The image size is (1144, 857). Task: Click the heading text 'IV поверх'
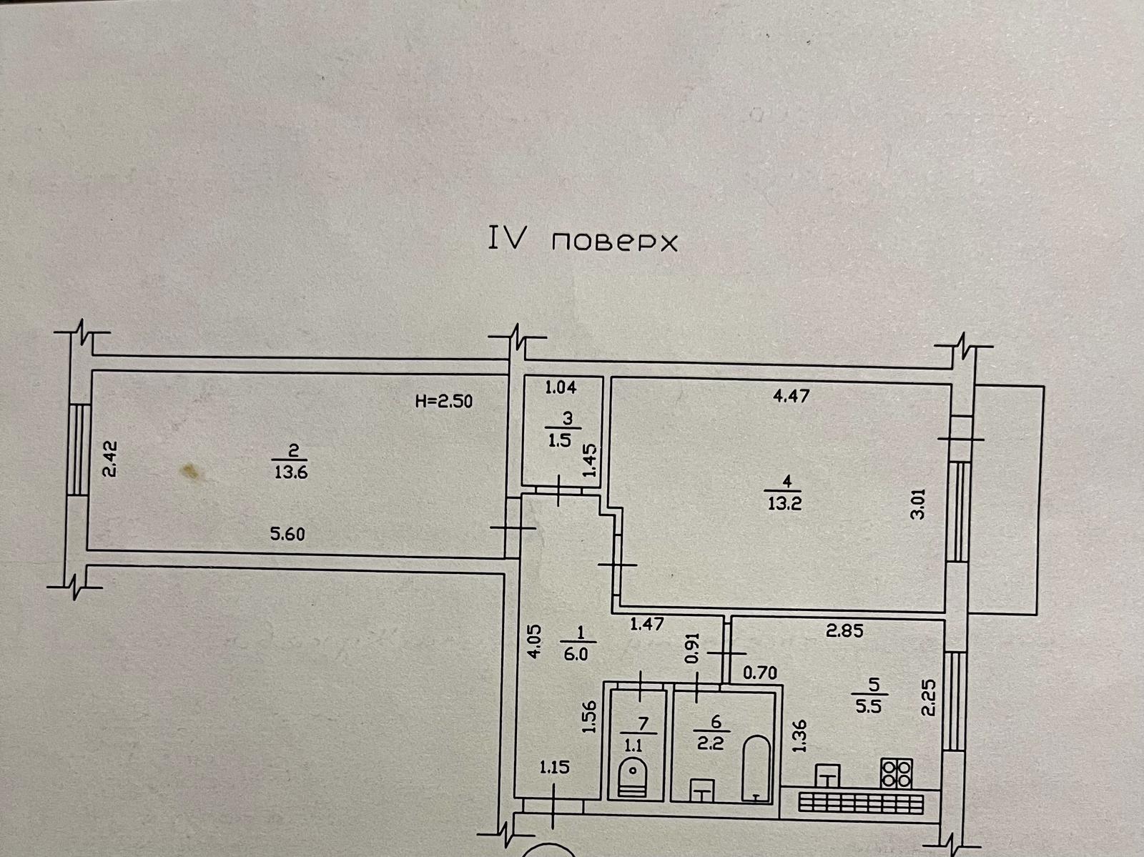(582, 241)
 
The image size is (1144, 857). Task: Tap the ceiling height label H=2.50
(443, 401)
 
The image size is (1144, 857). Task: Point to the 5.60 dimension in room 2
(287, 533)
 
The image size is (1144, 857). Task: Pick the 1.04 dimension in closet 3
(561, 388)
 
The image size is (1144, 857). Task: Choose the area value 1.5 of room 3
(560, 441)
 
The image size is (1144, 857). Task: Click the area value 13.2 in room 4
(784, 502)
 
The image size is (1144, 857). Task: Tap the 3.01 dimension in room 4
(920, 503)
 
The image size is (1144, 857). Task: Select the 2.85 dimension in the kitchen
(844, 631)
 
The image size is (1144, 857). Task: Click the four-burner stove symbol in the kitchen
(897, 773)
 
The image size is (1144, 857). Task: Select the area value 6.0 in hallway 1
(580, 653)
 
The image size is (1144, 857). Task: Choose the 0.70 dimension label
(760, 673)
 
